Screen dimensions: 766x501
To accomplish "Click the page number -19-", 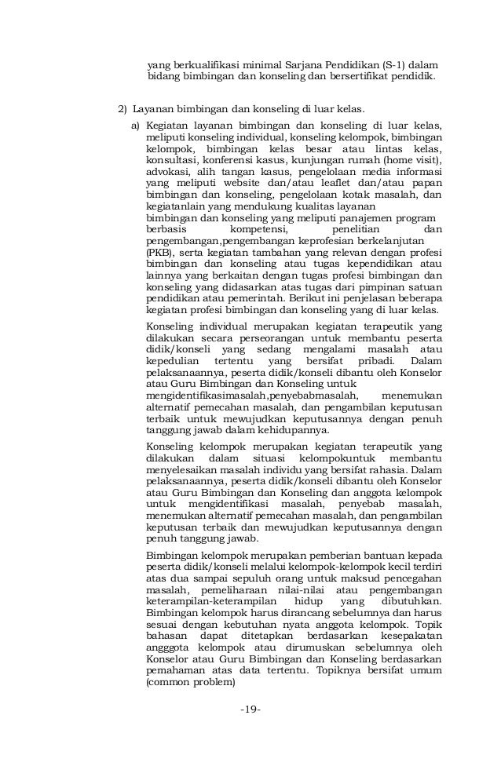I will tap(251, 709).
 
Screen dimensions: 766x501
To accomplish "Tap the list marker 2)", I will tap(122, 108).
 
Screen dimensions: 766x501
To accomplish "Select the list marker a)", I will tap(136, 125).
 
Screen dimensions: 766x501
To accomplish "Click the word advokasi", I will tap(169, 170).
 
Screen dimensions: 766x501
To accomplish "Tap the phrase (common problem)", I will tap(190, 682).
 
